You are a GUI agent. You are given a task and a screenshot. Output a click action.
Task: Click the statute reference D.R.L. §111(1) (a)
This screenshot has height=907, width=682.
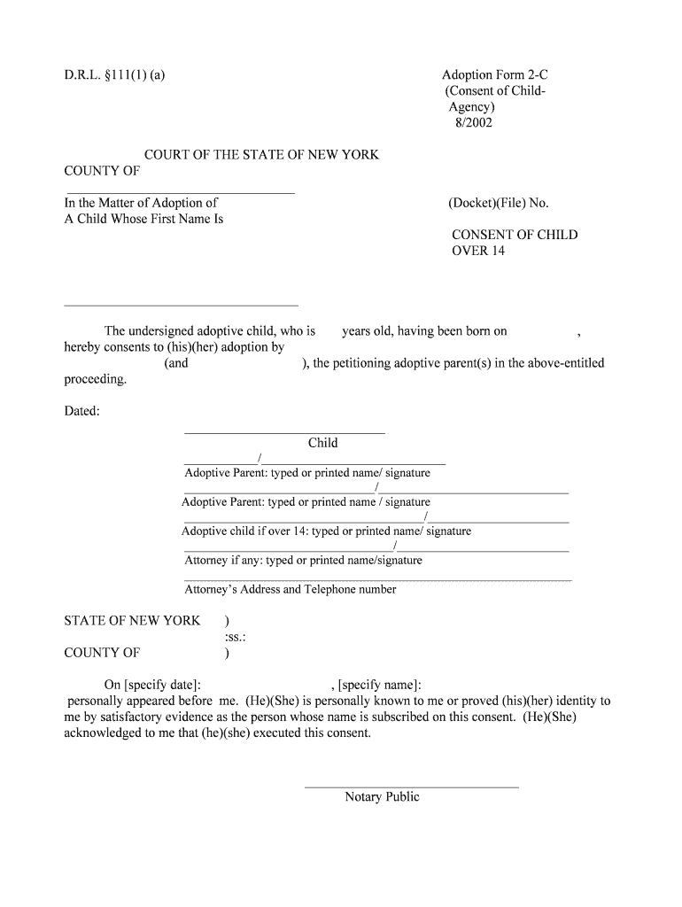pyautogui.click(x=114, y=75)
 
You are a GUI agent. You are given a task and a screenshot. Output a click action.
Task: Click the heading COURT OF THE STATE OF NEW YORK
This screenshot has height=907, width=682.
pyautogui.click(x=261, y=155)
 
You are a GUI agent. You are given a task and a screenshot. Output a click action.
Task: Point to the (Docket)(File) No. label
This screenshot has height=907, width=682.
pyautogui.click(x=499, y=203)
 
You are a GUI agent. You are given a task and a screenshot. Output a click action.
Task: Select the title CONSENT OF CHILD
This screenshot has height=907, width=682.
pyautogui.click(x=515, y=235)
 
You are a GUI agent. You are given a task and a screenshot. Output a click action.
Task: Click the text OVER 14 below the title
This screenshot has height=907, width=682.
pyautogui.click(x=478, y=251)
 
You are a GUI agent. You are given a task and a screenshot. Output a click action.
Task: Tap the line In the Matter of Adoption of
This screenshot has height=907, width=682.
pyautogui.click(x=141, y=203)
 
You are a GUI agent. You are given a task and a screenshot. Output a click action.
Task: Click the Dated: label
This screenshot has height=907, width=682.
pyautogui.click(x=81, y=411)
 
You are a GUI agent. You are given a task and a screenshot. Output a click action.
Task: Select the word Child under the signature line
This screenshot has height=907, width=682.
pyautogui.click(x=322, y=443)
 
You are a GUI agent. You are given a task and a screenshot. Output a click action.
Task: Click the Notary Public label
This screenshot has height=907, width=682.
pyautogui.click(x=382, y=797)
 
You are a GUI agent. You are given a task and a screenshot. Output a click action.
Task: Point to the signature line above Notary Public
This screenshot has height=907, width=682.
pyautogui.click(x=411, y=787)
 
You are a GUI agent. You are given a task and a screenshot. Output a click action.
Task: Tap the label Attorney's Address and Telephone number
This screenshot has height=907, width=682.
pyautogui.click(x=290, y=589)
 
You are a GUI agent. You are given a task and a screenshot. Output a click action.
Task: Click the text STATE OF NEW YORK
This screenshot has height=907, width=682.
pyautogui.click(x=132, y=621)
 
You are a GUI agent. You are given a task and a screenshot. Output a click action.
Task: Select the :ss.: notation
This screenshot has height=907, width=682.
pyautogui.click(x=235, y=637)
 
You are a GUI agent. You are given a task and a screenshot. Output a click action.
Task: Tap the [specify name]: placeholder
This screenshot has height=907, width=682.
pyautogui.click(x=376, y=685)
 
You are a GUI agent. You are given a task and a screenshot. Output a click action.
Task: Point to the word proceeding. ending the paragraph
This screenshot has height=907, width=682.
pyautogui.click(x=96, y=379)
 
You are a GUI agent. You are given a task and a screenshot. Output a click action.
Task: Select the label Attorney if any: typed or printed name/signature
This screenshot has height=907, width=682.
pyautogui.click(x=303, y=560)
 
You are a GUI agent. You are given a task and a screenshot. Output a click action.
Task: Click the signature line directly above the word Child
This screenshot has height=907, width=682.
pyautogui.click(x=283, y=432)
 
